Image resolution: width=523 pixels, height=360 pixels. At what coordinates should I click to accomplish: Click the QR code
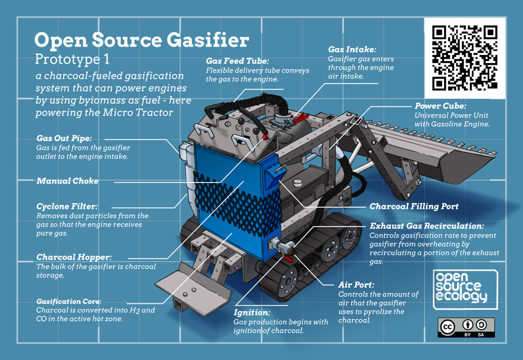(x=465, y=58)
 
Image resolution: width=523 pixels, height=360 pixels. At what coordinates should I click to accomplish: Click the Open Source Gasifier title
(x=141, y=40)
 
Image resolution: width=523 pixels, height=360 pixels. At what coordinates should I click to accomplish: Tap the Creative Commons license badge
(x=466, y=327)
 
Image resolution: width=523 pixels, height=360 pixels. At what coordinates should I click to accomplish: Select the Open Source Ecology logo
(x=465, y=288)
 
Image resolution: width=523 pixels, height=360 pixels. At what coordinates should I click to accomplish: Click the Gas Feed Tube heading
(x=238, y=61)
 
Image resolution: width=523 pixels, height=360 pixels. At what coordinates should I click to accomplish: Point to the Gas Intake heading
(x=352, y=50)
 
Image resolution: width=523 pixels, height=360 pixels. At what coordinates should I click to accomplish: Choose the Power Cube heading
(x=440, y=106)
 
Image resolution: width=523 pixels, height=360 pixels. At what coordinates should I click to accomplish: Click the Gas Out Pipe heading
(x=64, y=138)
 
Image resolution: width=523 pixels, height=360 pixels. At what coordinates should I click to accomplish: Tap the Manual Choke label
(x=67, y=181)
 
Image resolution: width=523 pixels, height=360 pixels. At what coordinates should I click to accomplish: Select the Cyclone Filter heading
(x=67, y=206)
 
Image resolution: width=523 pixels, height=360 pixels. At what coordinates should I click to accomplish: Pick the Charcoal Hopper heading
(x=74, y=257)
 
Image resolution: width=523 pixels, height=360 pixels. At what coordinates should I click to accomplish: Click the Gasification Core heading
(x=69, y=301)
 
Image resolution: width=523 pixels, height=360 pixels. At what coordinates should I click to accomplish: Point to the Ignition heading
(x=251, y=312)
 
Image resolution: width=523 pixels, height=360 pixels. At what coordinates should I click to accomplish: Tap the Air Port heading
(x=356, y=284)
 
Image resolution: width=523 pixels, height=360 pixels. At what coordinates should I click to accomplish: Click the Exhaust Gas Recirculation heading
(x=426, y=226)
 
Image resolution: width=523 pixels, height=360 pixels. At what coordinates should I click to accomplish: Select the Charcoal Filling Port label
(x=414, y=206)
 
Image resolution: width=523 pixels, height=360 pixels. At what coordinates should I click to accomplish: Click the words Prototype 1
(x=72, y=59)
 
